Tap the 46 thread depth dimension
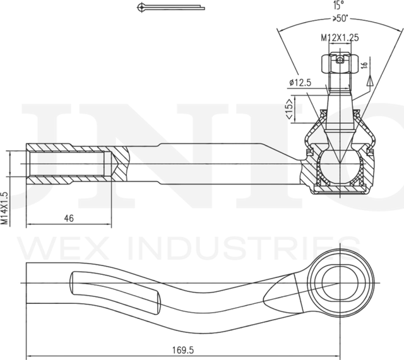[x=69, y=218]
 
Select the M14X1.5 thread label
[x=5, y=208]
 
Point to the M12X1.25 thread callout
[x=339, y=38]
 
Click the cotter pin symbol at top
[x=170, y=8]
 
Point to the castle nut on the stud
[x=339, y=63]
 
